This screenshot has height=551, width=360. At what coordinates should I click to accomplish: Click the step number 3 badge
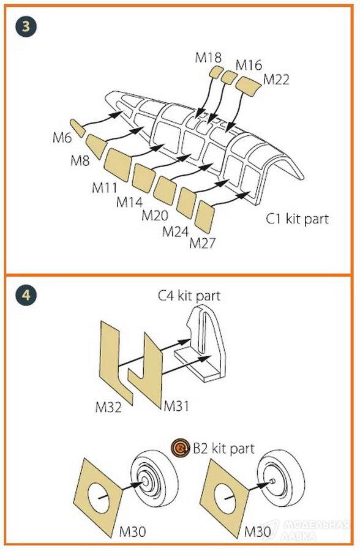coord(26,27)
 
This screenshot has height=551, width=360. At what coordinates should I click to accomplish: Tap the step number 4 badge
coord(26,295)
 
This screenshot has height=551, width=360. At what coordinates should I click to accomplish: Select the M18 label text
coord(208,58)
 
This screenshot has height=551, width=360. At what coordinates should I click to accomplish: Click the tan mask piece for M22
coord(249,86)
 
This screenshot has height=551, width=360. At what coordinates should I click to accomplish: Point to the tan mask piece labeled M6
coord(77,129)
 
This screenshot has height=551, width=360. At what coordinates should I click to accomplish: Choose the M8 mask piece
coord(96,146)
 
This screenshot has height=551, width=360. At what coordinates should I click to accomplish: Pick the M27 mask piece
coord(204,216)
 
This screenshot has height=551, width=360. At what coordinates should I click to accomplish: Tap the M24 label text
coord(176,231)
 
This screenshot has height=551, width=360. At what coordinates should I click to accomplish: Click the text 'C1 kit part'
coord(297,219)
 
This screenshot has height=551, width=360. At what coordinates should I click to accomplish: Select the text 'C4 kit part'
coord(189,296)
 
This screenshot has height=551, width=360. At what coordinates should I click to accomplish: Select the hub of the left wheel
coord(145,481)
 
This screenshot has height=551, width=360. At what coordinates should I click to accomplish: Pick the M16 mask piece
coord(229,77)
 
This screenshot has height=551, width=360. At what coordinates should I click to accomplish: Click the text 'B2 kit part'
coord(224,449)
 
